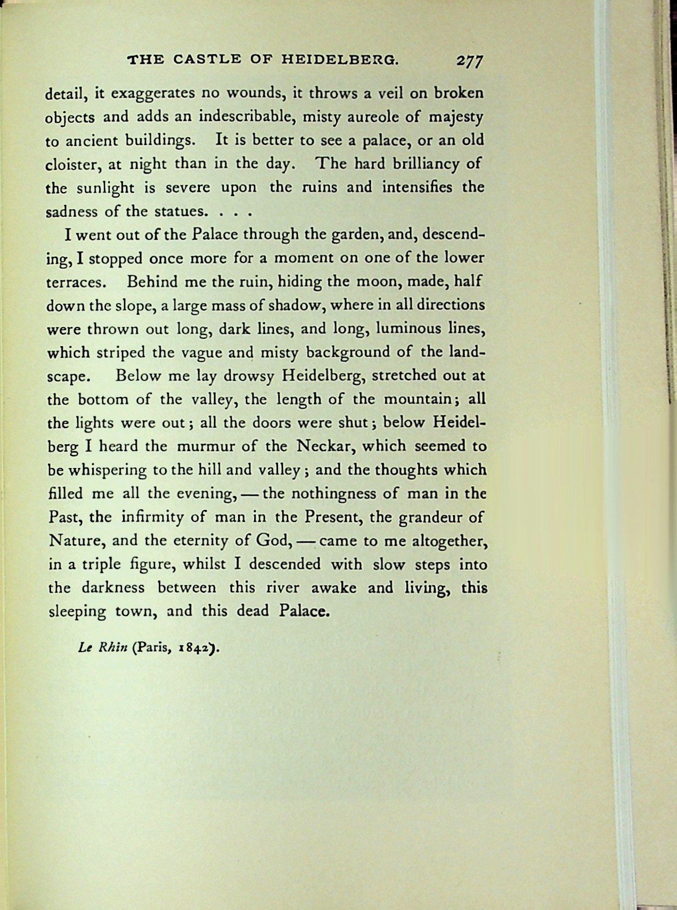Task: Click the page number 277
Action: coord(469,60)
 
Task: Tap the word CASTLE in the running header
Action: coord(200,59)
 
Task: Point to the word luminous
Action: coord(410,329)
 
